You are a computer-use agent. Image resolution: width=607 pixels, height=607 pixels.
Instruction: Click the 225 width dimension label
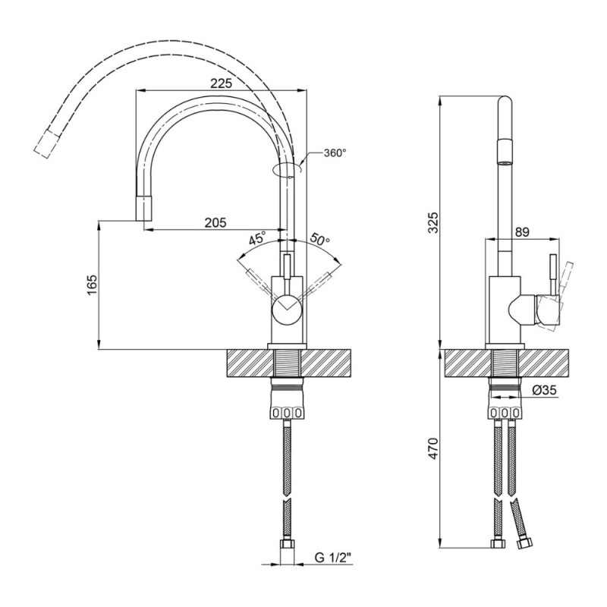point(221,83)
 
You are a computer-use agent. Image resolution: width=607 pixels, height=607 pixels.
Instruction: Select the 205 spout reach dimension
point(215,222)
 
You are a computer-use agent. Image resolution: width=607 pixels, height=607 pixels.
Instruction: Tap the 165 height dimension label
point(92,285)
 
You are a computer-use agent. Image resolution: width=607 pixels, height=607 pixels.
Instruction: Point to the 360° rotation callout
point(335,153)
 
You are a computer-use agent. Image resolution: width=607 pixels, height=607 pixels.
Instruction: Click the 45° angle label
point(256,238)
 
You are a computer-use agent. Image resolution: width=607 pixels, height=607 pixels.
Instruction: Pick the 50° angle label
point(319,239)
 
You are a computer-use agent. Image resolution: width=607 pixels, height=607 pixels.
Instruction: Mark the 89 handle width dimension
point(522,232)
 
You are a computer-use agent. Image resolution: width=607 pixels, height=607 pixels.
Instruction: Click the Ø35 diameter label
point(544,390)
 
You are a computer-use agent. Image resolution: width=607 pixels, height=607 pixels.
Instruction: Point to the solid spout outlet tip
point(144,208)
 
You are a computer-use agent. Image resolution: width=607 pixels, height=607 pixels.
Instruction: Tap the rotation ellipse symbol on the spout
point(287,168)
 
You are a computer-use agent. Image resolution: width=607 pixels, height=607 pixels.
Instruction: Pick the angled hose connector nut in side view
point(524,543)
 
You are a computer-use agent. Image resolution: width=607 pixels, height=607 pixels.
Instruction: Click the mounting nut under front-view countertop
point(287,413)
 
